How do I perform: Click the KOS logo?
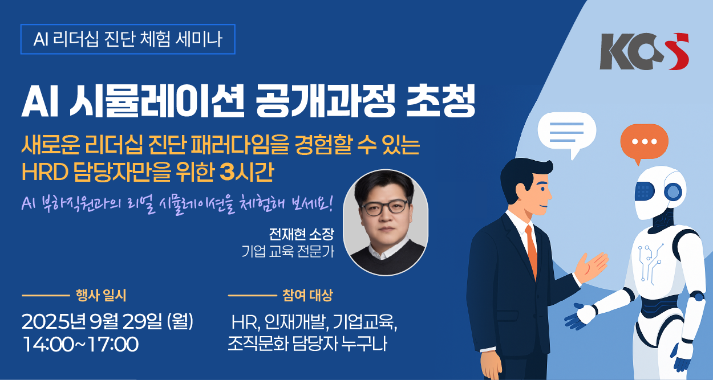tap(644, 51)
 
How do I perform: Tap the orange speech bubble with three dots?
tap(644, 142)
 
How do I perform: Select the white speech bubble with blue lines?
tap(567, 133)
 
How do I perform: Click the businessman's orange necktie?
tap(531, 251)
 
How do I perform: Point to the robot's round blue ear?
tap(673, 192)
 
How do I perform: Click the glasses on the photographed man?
tap(384, 207)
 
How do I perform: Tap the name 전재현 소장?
tap(301, 234)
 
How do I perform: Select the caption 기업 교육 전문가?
tap(287, 251)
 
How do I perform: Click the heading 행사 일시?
tap(101, 295)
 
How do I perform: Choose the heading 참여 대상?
tap(307, 295)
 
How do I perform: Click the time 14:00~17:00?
tap(81, 344)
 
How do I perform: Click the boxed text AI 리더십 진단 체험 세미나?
tap(128, 39)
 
